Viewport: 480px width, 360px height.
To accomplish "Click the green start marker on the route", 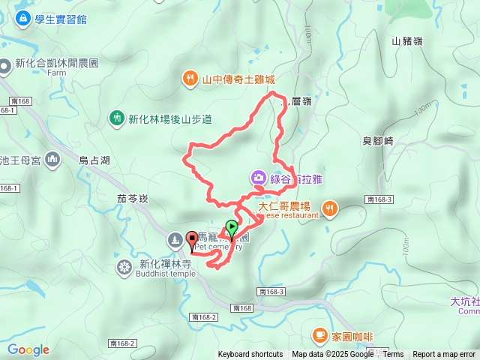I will tap(232, 226).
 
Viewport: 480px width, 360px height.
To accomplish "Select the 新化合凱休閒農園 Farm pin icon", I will tap(5, 64).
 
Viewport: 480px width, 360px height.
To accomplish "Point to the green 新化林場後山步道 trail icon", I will tap(116, 118).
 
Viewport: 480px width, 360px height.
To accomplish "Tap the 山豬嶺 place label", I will tap(407, 42).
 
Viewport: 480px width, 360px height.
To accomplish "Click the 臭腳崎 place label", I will tap(378, 140).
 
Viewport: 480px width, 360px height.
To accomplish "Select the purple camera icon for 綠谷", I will tap(257, 178).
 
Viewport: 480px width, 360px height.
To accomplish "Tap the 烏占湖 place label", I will tap(94, 160).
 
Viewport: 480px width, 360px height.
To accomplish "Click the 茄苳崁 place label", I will tap(134, 199).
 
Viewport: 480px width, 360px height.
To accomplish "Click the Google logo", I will tap(28, 349).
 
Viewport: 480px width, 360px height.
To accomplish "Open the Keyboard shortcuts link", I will tap(250, 355).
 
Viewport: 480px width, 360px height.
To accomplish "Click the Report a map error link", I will tap(444, 355).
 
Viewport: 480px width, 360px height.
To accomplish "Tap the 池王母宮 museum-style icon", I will tap(52, 159).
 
